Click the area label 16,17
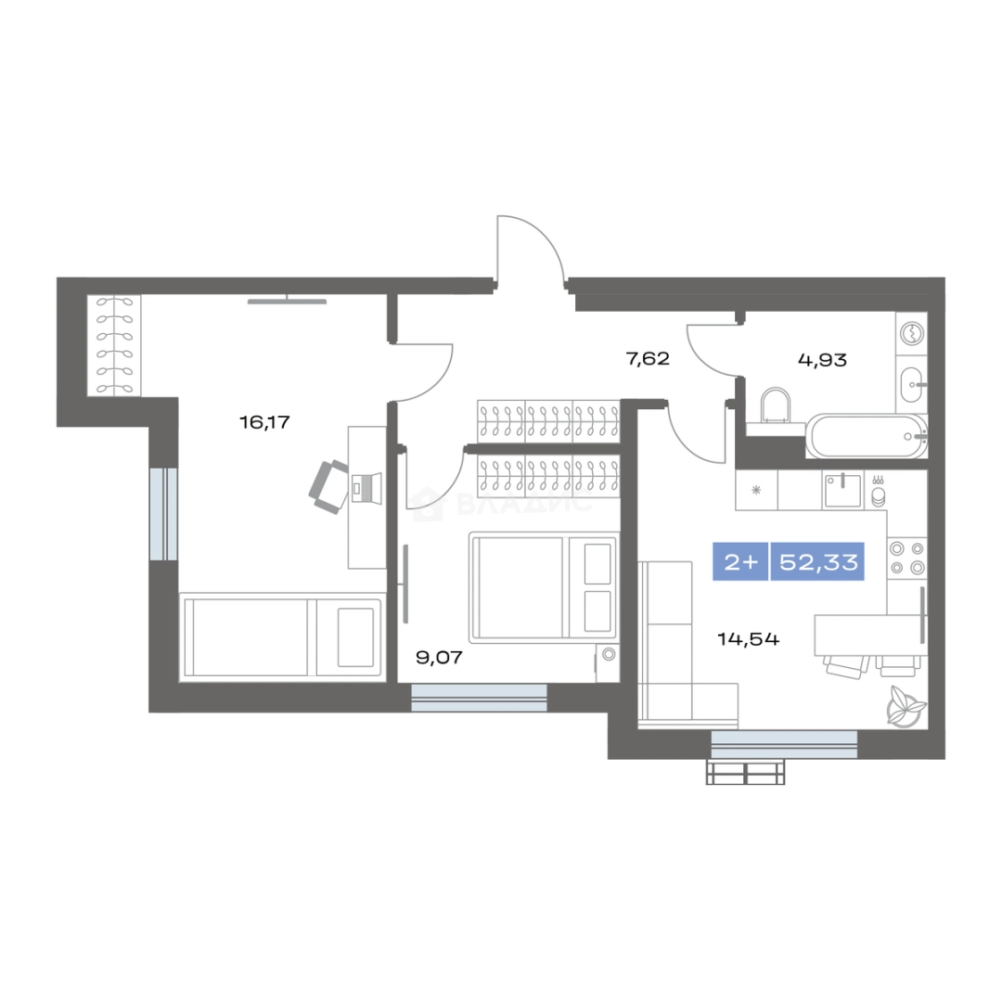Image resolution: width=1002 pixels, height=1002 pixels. pos(264,422)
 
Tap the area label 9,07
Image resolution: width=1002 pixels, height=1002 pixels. pos(439,658)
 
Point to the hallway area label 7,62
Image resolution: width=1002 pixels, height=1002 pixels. pos(648,358)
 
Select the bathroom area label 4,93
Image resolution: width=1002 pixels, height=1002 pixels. pos(822,360)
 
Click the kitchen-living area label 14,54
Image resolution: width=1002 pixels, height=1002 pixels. pos(749,639)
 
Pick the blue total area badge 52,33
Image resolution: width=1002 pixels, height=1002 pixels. pos(818,561)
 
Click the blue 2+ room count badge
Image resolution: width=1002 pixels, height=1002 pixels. pos(740,561)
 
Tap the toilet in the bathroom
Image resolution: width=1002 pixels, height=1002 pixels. pos(775,410)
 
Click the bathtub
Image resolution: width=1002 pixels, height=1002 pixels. pos(867,436)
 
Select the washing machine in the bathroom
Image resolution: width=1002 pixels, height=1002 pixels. pos(912,332)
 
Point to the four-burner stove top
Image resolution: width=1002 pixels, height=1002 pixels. pos(907,558)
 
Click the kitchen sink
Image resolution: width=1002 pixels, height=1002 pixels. pos(842,490)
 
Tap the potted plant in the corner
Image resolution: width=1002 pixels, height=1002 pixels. pos(905,705)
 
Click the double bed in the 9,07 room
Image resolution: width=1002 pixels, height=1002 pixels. pos(543,586)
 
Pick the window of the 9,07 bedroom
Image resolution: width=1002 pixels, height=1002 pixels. pos(480,698)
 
